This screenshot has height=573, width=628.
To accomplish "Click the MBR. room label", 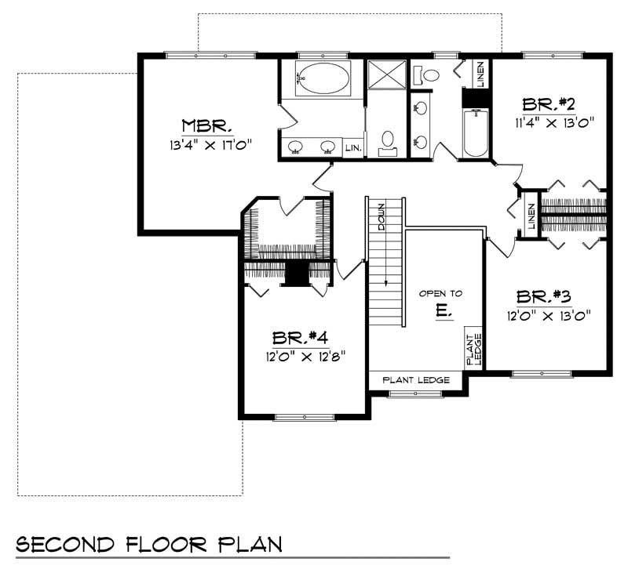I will tap(206, 125).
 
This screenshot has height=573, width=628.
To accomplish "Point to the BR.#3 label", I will tap(543, 297).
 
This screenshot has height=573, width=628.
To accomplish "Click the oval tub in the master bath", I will tap(322, 79).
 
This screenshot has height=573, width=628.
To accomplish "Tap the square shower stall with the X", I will tap(385, 76).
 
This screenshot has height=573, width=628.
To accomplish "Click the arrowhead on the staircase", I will tap(385, 285).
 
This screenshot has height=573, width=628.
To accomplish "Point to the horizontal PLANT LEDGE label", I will tap(416, 380).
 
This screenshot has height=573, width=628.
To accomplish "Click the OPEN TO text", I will tap(440, 293).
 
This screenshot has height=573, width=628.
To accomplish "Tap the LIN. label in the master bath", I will tap(352, 147).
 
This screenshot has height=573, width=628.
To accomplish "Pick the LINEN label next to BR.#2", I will tap(480, 74).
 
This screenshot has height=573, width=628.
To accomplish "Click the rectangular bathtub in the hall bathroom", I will tap(476, 133).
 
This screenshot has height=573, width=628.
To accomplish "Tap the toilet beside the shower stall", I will tap(386, 142).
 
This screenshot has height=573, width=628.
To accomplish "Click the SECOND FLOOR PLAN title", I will tap(148, 543).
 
